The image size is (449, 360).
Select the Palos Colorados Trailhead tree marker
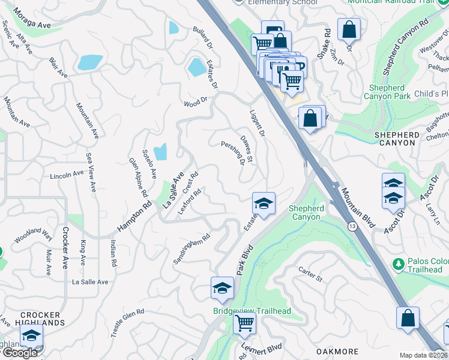coord(397,263)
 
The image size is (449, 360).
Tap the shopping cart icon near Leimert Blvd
coord(244,323)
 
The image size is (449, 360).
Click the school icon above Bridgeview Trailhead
coord(222,288)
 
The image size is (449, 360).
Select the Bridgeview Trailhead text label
coord(252,311)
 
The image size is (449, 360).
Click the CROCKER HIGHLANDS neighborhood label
coord(41,319)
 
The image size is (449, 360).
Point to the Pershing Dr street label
coord(234,153)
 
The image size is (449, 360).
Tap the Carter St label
coord(310,275)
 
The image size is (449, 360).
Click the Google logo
coord(20,353)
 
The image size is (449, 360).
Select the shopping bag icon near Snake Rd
coord(349,29)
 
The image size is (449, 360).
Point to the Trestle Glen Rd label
coord(127,322)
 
